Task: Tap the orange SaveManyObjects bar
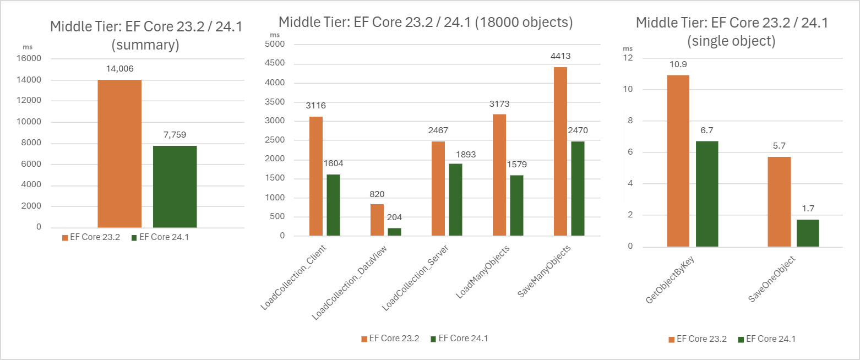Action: coord(560,151)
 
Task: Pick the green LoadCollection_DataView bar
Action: coord(394,232)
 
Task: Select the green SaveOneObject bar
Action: coord(808,233)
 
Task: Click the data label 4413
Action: coord(560,56)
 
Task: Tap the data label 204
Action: coord(394,217)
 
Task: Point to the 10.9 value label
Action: coord(678,64)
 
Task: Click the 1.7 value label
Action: coord(808,209)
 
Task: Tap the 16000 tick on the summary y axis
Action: coord(31,59)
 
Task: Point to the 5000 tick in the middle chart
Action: coord(275,44)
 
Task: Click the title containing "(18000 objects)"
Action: coord(426,23)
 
